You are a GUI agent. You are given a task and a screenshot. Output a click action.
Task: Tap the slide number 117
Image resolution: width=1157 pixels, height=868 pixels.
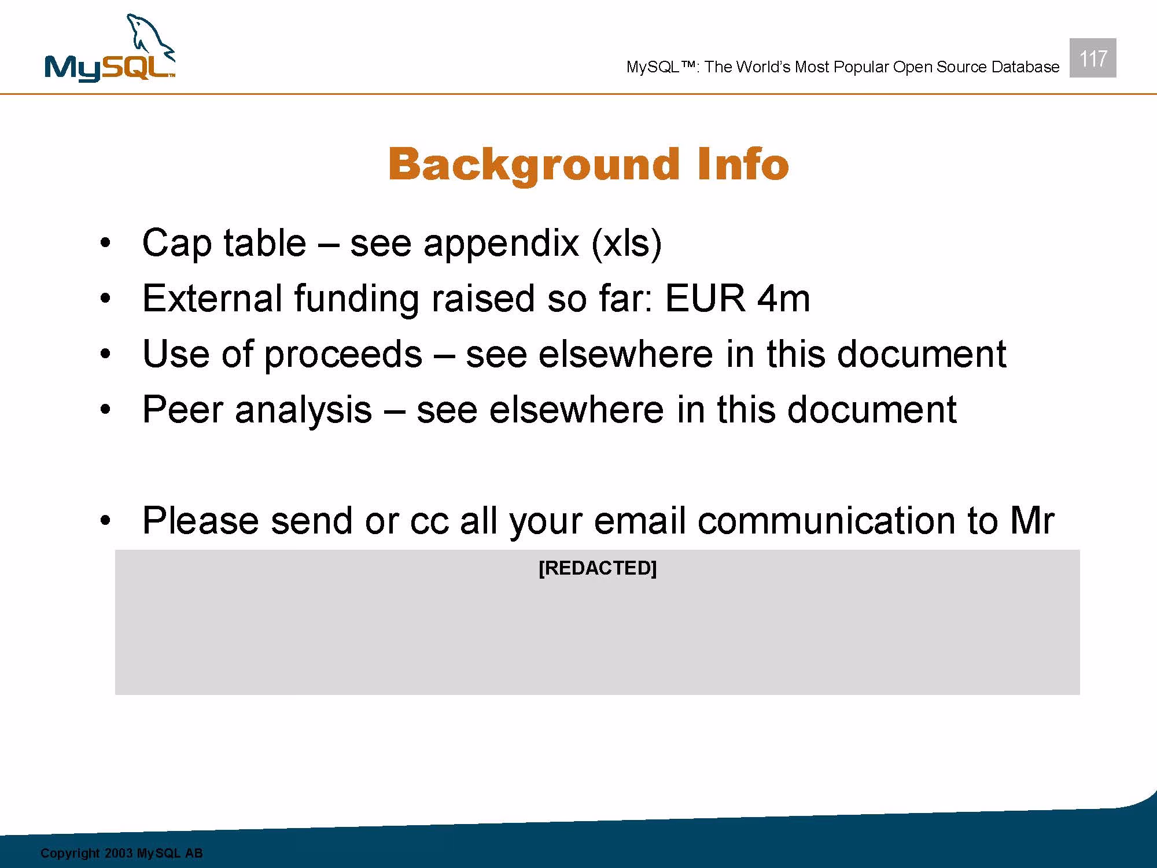(1093, 58)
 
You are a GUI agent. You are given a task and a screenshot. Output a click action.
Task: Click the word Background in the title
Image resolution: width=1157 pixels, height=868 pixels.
(533, 164)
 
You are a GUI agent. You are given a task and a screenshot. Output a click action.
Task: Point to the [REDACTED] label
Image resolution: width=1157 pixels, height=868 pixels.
(598, 568)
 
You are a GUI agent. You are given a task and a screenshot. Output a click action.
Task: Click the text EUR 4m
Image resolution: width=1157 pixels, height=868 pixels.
(738, 299)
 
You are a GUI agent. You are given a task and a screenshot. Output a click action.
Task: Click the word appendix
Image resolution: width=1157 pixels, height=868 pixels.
(501, 244)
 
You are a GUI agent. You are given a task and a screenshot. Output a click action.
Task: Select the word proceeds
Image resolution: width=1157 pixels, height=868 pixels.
(343, 355)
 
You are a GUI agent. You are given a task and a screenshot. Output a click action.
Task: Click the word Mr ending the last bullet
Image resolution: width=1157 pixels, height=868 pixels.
(1033, 521)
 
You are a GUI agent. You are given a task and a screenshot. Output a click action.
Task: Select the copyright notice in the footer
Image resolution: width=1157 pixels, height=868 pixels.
(121, 854)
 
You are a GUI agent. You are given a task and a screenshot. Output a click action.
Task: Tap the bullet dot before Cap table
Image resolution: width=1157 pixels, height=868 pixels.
(105, 244)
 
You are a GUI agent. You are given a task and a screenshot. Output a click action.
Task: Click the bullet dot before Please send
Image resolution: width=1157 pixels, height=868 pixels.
(105, 521)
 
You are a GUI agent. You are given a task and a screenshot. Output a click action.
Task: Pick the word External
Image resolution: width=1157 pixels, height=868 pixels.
(212, 299)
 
